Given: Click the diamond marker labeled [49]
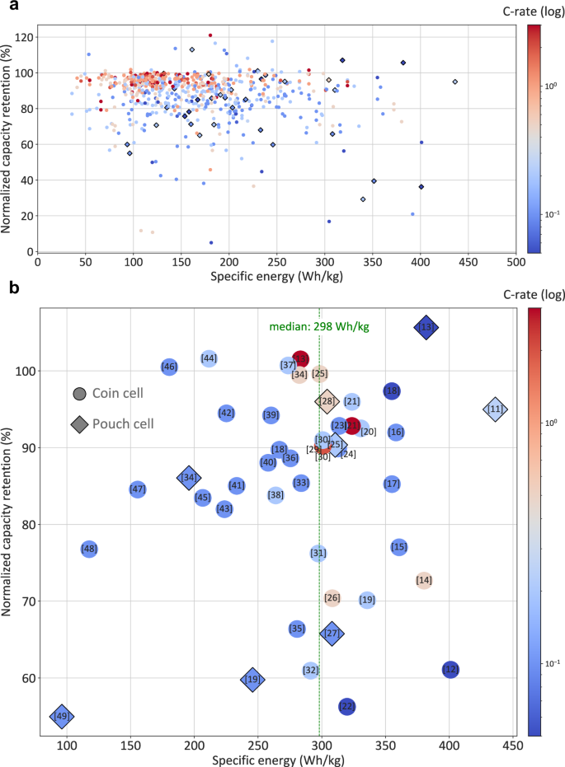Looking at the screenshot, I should [61, 717].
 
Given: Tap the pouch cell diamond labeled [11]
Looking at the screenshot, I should [495, 409].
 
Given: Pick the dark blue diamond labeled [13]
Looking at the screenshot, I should [426, 328].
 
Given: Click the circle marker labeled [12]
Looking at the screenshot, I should [450, 670].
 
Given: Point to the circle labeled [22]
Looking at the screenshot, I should [347, 706].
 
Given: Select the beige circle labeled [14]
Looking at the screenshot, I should [424, 581].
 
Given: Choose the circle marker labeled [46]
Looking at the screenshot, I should [169, 367].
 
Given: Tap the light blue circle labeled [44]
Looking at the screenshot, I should [209, 358].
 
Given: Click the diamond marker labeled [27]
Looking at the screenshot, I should [332, 634].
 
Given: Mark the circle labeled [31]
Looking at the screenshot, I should [318, 553].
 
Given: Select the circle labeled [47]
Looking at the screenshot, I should [138, 489].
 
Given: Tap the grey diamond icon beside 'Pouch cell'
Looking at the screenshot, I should [79, 424].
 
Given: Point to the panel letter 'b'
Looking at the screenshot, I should [9, 288].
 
